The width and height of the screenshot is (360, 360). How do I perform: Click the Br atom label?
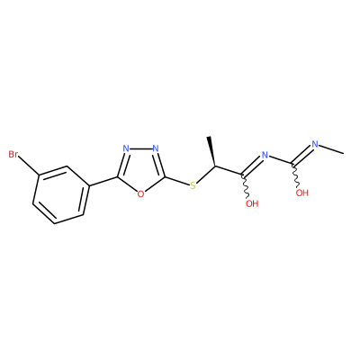click(x=13, y=155)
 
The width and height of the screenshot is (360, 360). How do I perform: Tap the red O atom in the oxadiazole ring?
click(x=140, y=193)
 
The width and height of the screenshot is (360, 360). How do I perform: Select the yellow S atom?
click(x=193, y=185)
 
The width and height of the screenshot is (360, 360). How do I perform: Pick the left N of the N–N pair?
click(x=126, y=148)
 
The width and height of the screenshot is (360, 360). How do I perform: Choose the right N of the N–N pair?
click(x=155, y=148)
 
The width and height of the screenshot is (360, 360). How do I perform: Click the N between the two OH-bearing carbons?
click(x=265, y=155)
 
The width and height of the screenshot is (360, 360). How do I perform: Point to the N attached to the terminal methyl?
click(x=315, y=144)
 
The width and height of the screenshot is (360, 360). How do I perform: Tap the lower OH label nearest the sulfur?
click(x=252, y=204)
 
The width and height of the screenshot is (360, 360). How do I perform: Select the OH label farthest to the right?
click(x=302, y=193)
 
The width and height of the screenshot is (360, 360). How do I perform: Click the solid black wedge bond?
click(x=212, y=151)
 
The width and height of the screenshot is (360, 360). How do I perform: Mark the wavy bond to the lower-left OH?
click(x=246, y=186)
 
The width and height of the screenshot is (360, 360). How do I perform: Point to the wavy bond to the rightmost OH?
click(x=296, y=175)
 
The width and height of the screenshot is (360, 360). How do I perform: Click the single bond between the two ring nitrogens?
click(x=140, y=148)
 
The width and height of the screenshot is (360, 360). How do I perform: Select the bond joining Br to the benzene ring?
click(x=28, y=165)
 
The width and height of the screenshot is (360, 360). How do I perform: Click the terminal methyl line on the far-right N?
click(x=331, y=149)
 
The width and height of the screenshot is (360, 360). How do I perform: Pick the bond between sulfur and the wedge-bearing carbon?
click(x=205, y=174)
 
